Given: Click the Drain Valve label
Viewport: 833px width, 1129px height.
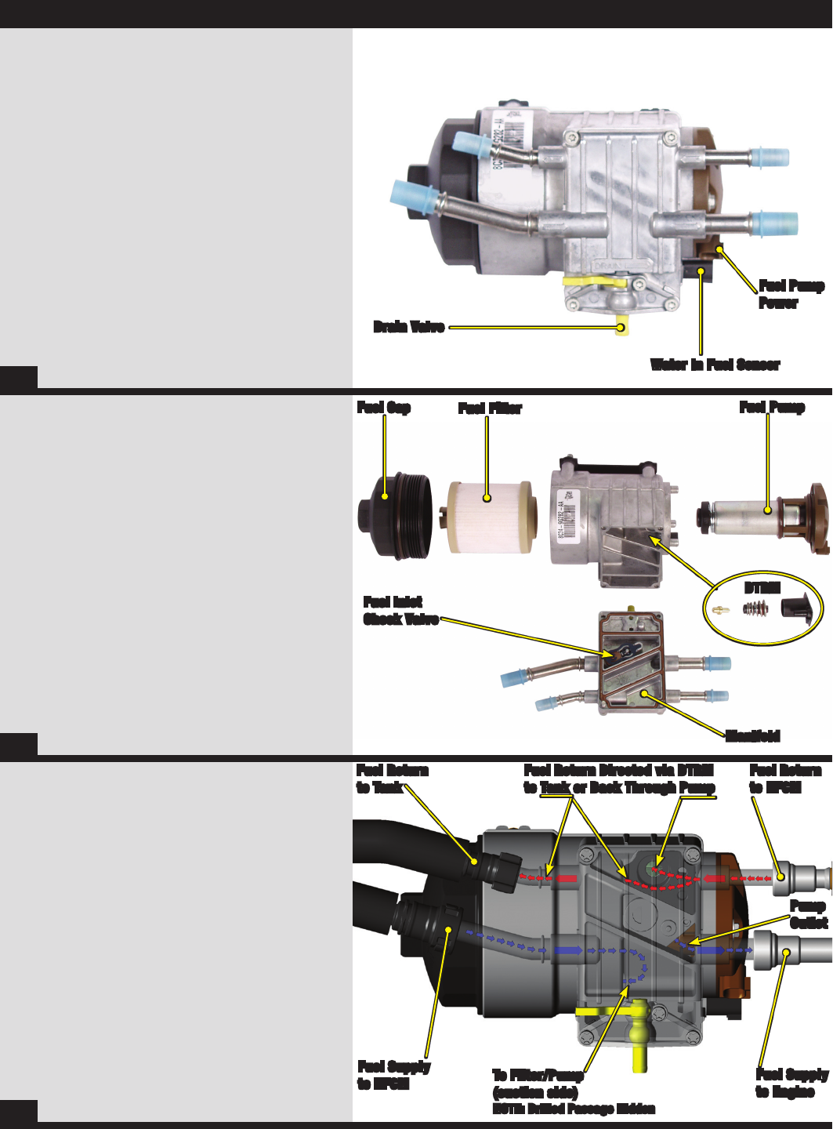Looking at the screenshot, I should coord(409,327).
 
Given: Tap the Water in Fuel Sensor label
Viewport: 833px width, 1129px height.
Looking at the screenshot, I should coord(715,365).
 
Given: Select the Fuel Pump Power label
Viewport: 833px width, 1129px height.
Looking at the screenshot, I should coord(791,294).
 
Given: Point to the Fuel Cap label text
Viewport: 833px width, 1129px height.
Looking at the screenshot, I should coord(384,407).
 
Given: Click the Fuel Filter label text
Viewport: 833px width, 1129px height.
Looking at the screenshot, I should coord(490,408).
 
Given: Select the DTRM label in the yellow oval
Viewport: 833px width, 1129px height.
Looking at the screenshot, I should coord(762,588).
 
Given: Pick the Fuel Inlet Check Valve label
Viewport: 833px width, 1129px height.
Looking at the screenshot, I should coord(400,611).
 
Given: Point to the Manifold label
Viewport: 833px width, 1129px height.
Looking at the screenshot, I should coord(752,735).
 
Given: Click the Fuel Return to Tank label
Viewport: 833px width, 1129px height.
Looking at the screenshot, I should coord(392,779).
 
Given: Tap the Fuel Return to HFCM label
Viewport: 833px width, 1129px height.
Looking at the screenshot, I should coord(785,779).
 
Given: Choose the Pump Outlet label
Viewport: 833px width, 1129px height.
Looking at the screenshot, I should coord(808,914).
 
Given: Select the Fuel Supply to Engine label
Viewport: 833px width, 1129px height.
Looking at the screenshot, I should coord(791,1083).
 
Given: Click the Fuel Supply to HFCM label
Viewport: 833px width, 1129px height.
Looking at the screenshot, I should coord(394,1075).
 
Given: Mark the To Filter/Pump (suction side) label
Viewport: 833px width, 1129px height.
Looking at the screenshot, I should coord(538,1084).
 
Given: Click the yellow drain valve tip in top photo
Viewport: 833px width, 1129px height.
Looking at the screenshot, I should coord(622,329).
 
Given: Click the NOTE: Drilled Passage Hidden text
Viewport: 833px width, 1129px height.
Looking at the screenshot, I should coord(574,1109).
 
